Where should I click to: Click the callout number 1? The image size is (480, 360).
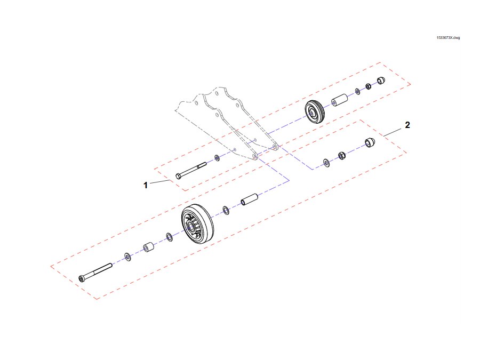pyautogui.click(x=146, y=185)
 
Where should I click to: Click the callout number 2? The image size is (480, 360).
pyautogui.click(x=407, y=125)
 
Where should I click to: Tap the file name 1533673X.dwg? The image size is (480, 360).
pyautogui.click(x=448, y=38)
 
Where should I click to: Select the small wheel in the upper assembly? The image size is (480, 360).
pyautogui.click(x=315, y=112)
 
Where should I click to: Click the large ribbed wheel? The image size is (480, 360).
pyautogui.click(x=197, y=224)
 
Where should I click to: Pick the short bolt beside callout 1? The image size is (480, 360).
pyautogui.click(x=191, y=171)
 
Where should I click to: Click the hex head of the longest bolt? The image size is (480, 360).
pyautogui.click(x=82, y=278)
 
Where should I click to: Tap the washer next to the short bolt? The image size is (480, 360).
pyautogui.click(x=217, y=158)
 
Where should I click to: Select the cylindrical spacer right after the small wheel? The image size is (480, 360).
pyautogui.click(x=340, y=100)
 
